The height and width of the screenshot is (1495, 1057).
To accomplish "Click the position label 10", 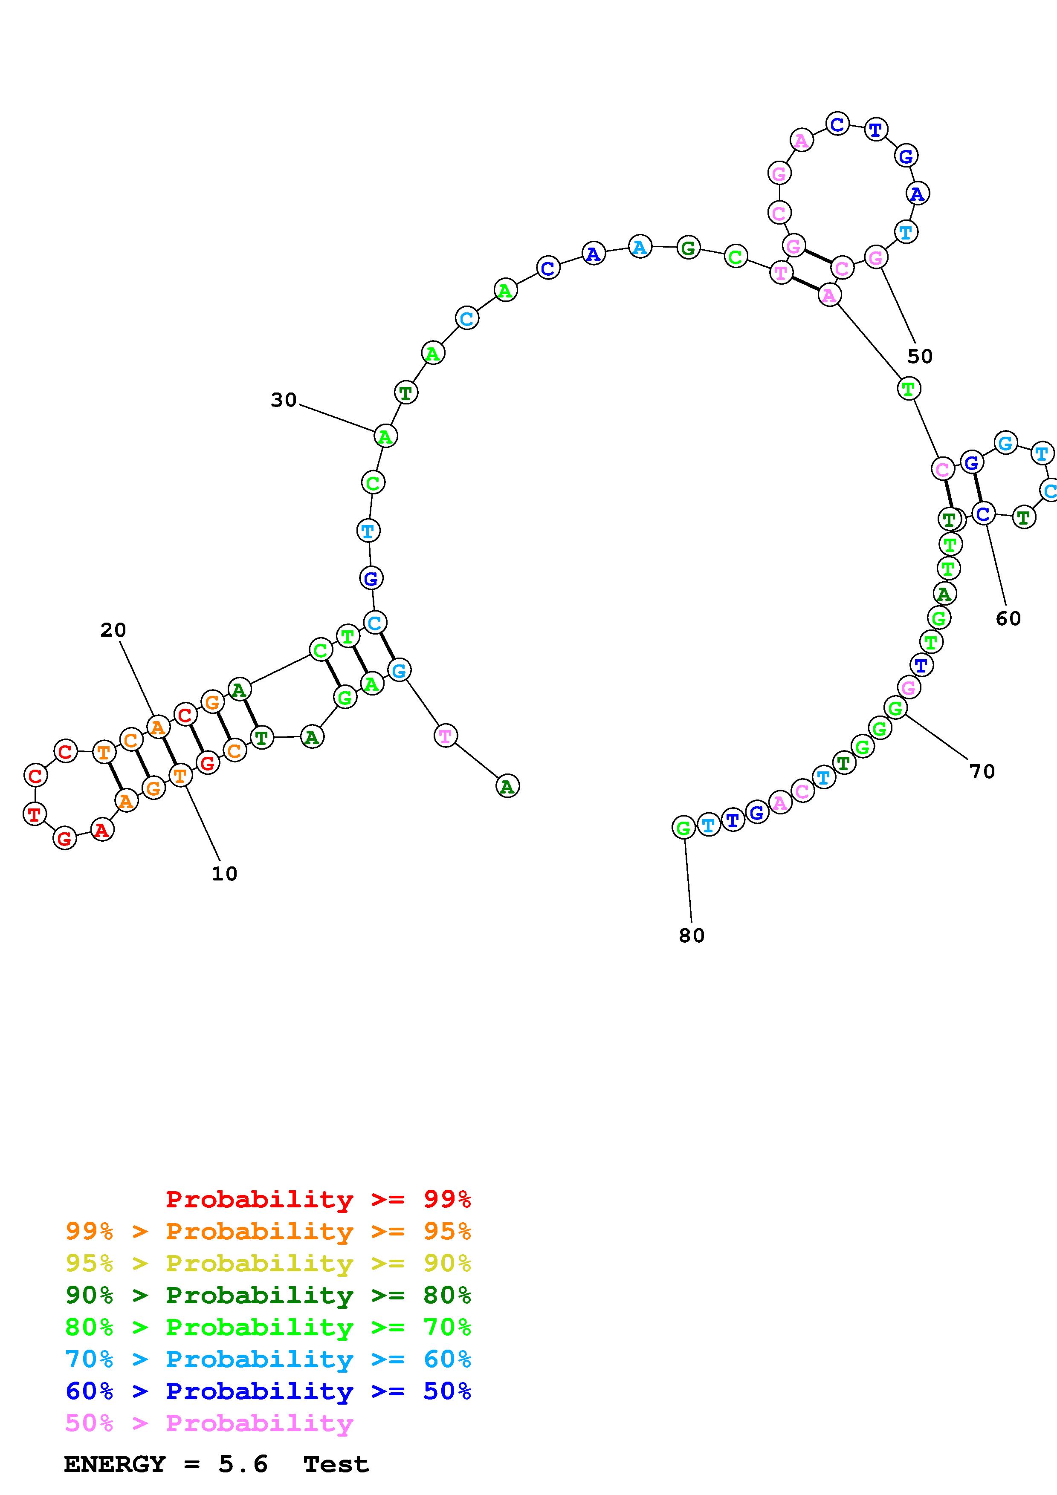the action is (224, 874).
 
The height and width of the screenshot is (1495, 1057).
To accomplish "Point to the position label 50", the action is (920, 356).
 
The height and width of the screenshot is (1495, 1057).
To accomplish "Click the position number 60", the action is (1008, 618).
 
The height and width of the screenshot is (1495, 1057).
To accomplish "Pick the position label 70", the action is (982, 771).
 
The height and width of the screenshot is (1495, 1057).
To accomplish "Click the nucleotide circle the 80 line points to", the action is (683, 828).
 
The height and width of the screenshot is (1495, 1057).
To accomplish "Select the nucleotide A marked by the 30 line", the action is (385, 436).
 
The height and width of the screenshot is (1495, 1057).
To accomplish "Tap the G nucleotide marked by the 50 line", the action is (876, 258).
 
